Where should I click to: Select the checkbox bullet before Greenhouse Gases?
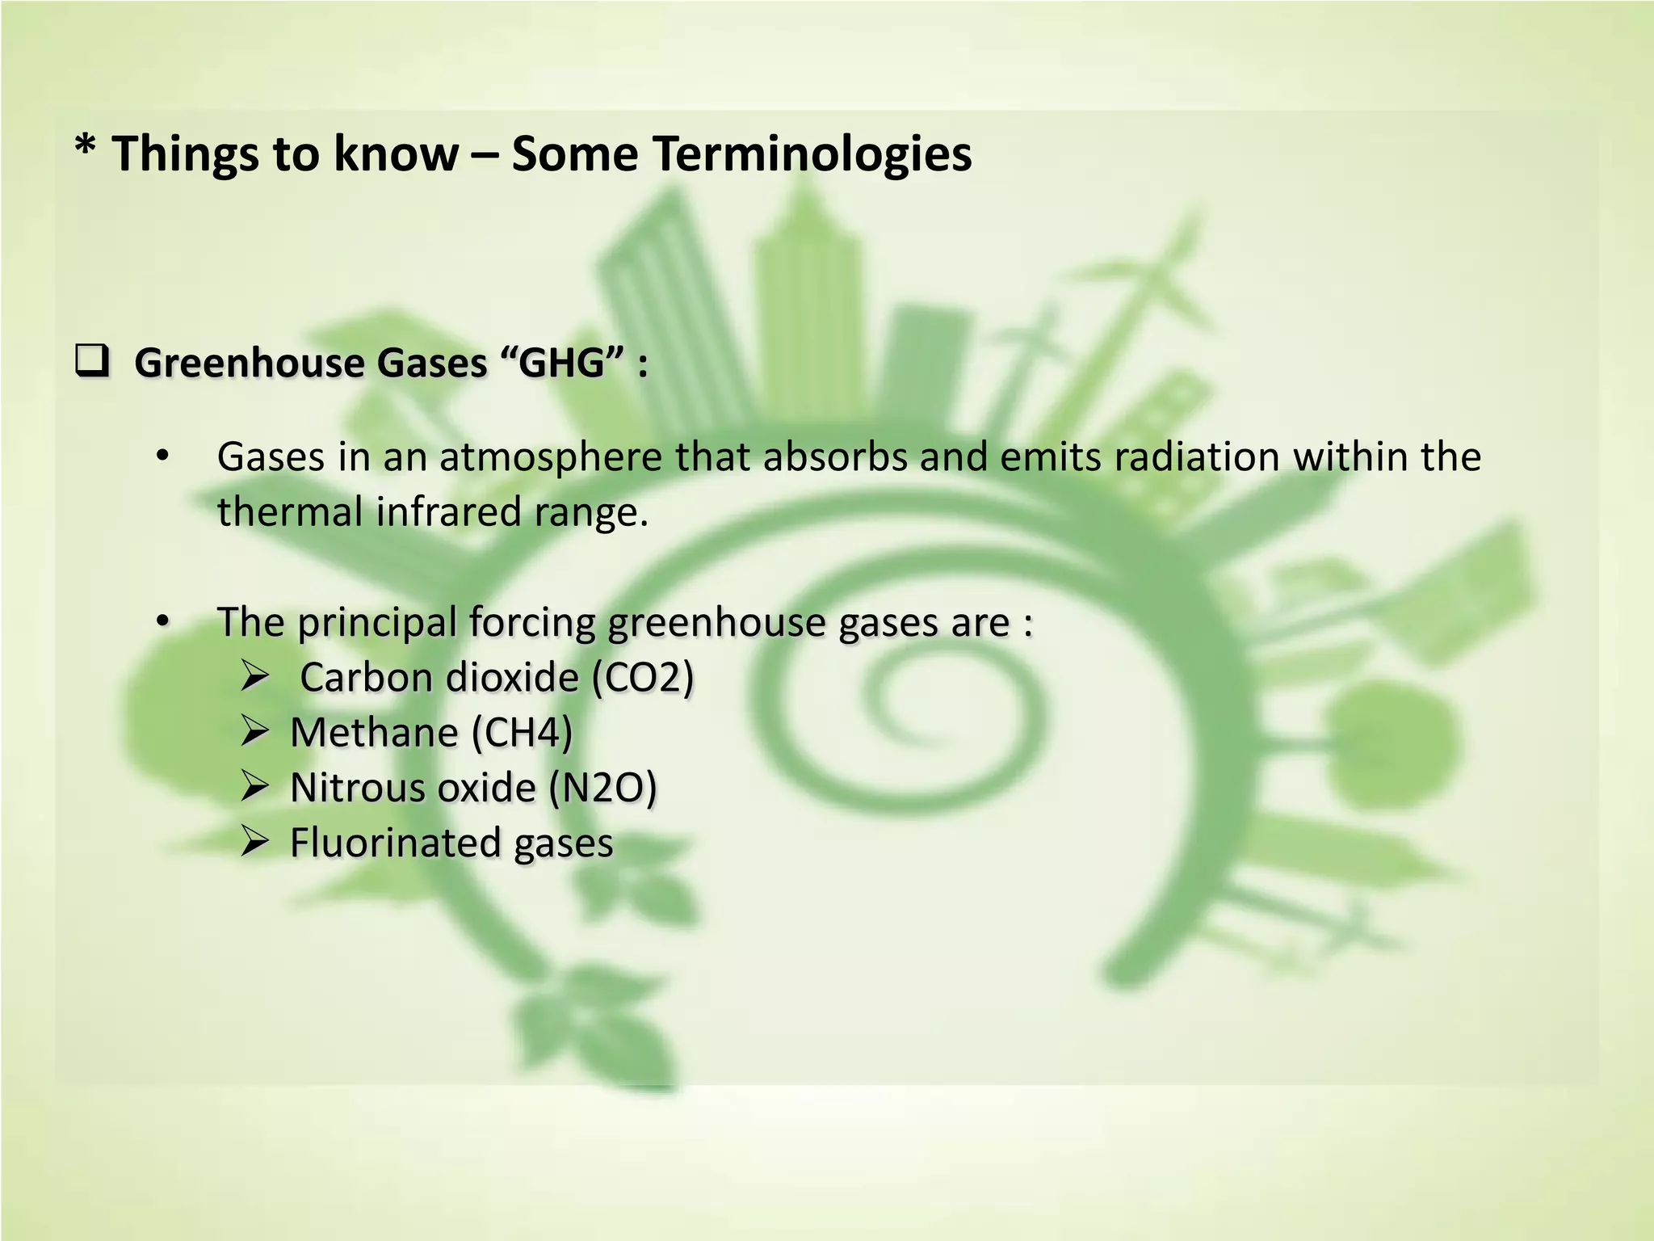[x=92, y=360]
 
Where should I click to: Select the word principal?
[x=377, y=624]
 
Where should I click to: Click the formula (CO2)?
[x=643, y=677]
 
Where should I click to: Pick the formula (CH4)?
[x=522, y=733]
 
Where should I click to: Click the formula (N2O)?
[x=602, y=788]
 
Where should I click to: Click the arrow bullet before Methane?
[x=254, y=732]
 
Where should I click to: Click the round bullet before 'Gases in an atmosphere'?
[x=163, y=456]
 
